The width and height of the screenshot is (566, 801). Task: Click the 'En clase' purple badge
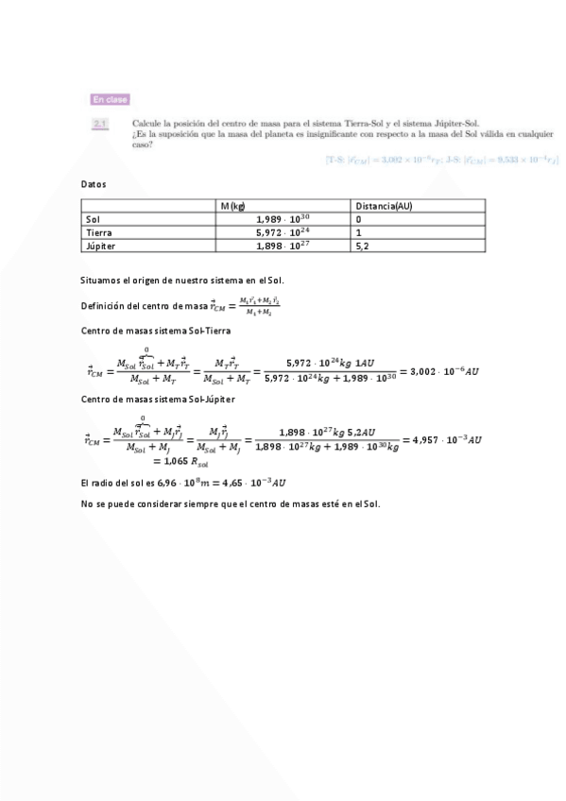pos(110,99)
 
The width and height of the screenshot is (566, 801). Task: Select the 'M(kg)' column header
pos(233,206)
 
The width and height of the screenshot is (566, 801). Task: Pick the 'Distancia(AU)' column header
pos(384,206)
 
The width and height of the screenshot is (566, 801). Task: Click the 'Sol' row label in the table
pos(92,219)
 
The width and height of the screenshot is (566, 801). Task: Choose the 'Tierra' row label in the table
pos(98,232)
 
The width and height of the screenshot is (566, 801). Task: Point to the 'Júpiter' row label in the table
pos(100,246)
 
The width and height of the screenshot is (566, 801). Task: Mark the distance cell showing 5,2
pos(361,246)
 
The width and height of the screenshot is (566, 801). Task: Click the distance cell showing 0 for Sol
pos(359,219)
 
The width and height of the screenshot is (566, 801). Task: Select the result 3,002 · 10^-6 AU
pos(444,371)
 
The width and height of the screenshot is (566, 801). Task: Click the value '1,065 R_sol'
pos(180,462)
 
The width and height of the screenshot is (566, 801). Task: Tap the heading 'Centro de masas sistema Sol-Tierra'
pos(157,330)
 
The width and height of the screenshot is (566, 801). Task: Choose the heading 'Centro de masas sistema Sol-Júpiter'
pos(159,400)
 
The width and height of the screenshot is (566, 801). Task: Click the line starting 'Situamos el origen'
pos(183,281)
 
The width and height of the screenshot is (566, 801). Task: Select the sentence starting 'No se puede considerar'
pos(231,503)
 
